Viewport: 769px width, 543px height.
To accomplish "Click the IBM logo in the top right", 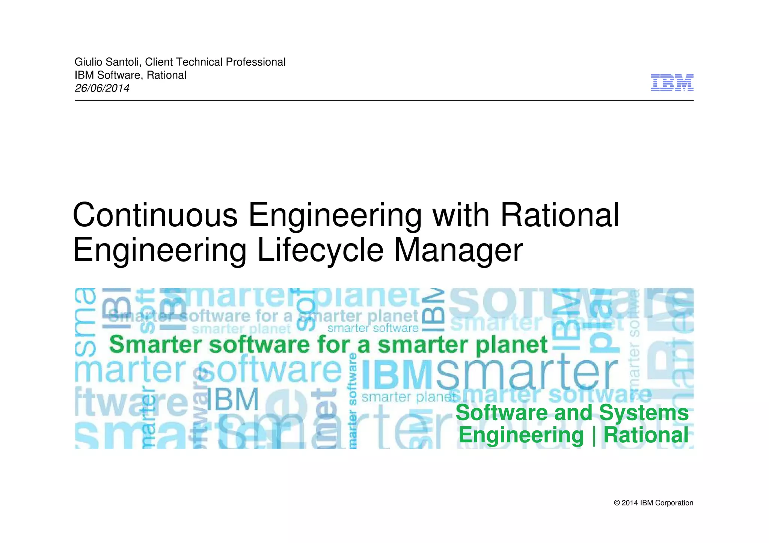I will (672, 83).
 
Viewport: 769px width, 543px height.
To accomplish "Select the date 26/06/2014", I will (102, 88).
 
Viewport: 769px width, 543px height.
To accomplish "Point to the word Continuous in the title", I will (155, 215).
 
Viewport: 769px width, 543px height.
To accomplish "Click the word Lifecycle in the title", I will (320, 250).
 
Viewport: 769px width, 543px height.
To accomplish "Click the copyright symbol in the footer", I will (617, 503).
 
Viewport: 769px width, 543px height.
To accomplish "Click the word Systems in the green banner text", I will (644, 413).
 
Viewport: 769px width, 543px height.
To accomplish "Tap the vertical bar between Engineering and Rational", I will (594, 436).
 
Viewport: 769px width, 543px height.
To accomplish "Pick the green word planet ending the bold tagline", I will (512, 345).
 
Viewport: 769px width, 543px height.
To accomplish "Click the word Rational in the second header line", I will (166, 75).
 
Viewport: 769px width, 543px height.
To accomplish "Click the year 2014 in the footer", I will (630, 503).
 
